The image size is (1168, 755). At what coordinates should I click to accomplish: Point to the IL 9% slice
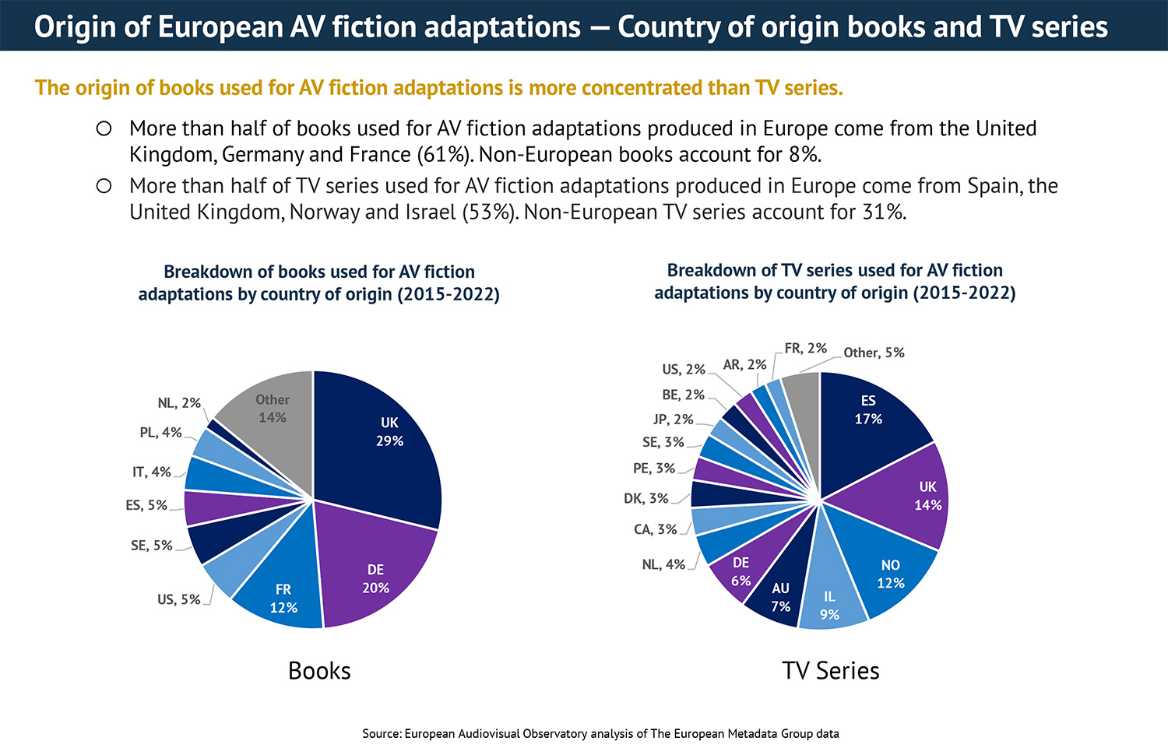(832, 603)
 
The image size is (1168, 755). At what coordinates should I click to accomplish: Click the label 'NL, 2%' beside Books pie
(179, 403)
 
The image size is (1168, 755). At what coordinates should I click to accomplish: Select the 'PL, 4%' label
(160, 432)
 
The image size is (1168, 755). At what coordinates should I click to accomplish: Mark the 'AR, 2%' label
(744, 364)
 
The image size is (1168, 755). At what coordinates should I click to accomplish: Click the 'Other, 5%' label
(874, 353)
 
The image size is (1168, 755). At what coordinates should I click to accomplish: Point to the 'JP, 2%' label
(673, 419)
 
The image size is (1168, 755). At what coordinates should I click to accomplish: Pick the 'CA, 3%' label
(655, 529)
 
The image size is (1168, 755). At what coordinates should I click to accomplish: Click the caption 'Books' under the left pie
(319, 670)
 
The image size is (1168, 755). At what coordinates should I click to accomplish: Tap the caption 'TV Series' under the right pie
(830, 670)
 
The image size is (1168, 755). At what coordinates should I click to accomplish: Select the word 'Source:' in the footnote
(382, 733)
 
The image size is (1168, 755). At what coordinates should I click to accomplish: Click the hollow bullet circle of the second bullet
(104, 186)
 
